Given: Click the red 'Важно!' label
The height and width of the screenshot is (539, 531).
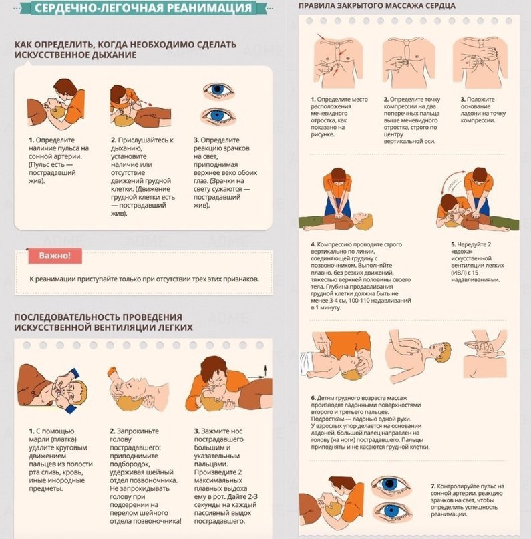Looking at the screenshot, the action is click(x=55, y=256).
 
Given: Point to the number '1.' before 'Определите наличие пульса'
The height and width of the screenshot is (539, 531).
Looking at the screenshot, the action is click(x=31, y=140).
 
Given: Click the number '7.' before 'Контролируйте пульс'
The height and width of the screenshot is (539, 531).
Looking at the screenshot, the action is click(x=433, y=486).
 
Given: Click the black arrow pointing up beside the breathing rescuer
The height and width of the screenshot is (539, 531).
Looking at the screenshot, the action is click(x=265, y=371).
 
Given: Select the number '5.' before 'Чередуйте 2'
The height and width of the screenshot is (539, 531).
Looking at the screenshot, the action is click(x=454, y=244).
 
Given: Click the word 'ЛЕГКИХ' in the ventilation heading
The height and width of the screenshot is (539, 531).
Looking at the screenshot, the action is click(x=175, y=327).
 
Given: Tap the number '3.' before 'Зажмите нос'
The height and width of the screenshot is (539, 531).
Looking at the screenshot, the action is click(x=196, y=431).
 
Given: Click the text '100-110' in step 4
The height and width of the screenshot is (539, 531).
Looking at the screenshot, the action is click(x=359, y=301).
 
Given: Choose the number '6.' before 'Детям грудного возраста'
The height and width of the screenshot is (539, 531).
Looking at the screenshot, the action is click(x=313, y=398).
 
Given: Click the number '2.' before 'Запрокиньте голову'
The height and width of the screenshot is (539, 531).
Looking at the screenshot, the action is click(x=112, y=431).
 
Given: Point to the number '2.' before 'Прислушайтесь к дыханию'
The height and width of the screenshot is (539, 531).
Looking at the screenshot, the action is click(x=114, y=140).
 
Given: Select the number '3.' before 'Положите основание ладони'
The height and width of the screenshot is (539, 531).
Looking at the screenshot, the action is click(x=464, y=100).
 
